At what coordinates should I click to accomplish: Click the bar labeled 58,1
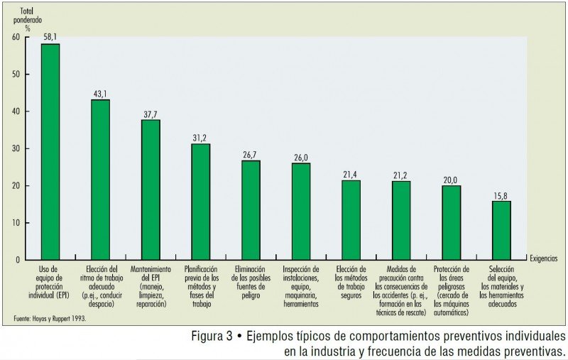[50, 151]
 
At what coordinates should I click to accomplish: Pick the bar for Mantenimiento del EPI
[151, 190]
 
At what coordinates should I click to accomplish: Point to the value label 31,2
[200, 138]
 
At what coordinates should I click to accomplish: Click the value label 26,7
[251, 154]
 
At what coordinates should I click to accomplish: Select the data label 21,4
[351, 174]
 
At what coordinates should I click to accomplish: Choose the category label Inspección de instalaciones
[301, 286]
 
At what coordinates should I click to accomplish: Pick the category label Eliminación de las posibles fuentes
[251, 282]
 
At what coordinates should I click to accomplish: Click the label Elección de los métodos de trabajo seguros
[351, 282]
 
